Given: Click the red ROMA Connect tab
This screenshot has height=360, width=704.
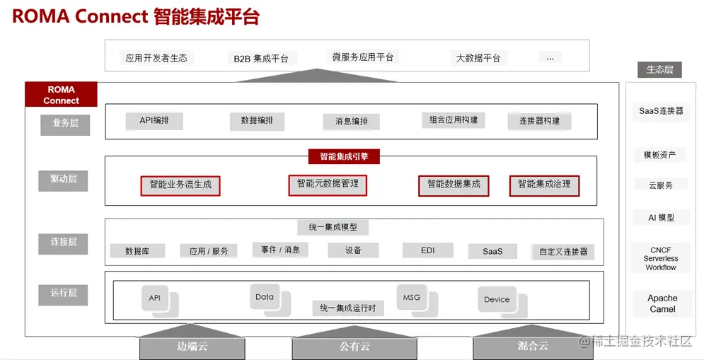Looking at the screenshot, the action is (61, 95).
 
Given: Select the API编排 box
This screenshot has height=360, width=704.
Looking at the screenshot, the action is (154, 121).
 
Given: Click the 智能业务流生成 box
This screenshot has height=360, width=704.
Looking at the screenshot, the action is (180, 185).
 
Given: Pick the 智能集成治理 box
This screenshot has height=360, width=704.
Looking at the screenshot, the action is (544, 185).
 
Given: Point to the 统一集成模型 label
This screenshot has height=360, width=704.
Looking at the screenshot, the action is (333, 228).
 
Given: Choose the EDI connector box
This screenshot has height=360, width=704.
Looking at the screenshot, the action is (427, 250).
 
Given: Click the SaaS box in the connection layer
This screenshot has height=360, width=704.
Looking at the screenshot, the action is (492, 251).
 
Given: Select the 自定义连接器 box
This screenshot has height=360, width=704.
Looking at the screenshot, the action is (563, 251).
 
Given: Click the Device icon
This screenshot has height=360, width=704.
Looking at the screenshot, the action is (497, 299).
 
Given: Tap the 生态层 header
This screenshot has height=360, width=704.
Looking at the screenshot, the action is (659, 69).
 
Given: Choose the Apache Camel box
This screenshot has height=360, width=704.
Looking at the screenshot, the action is (662, 303).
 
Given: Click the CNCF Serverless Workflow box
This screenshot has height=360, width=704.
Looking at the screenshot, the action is (660, 259).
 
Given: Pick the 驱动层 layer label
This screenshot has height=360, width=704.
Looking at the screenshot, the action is (64, 180).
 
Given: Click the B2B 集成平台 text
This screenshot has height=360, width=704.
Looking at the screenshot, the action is (261, 59).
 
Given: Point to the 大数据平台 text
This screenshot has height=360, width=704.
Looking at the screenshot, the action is (478, 58).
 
